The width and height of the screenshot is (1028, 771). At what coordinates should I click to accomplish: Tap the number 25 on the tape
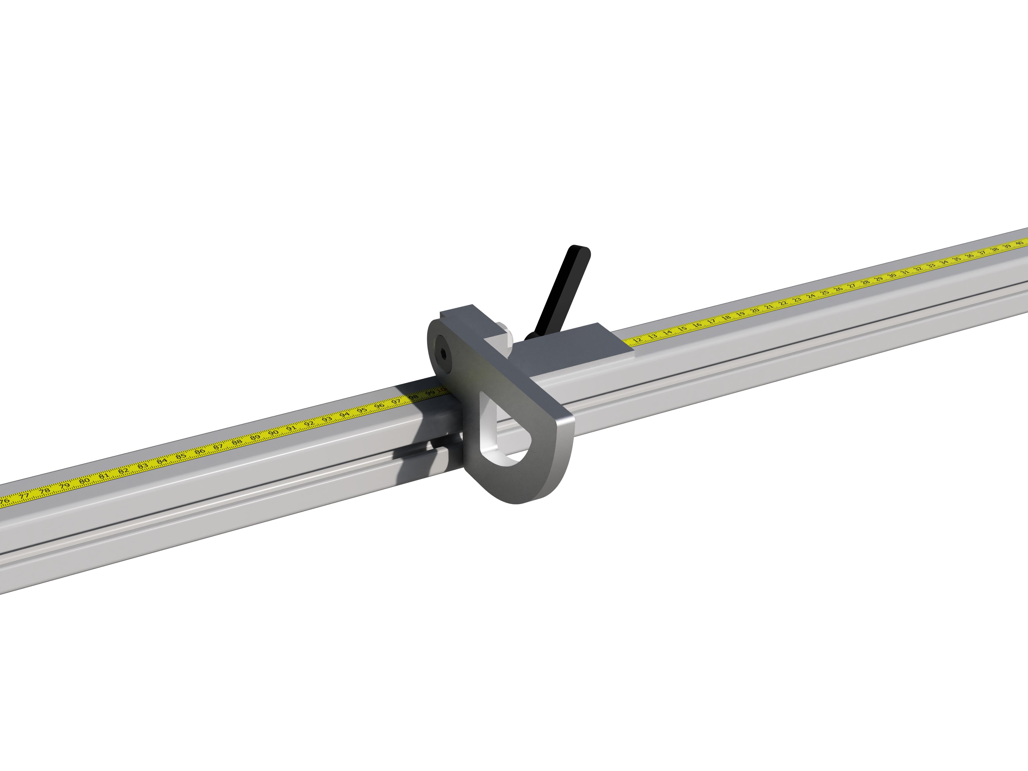824,293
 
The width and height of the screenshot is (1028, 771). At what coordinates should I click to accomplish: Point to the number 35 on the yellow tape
957,259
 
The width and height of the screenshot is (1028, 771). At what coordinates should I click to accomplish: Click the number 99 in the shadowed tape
431,393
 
